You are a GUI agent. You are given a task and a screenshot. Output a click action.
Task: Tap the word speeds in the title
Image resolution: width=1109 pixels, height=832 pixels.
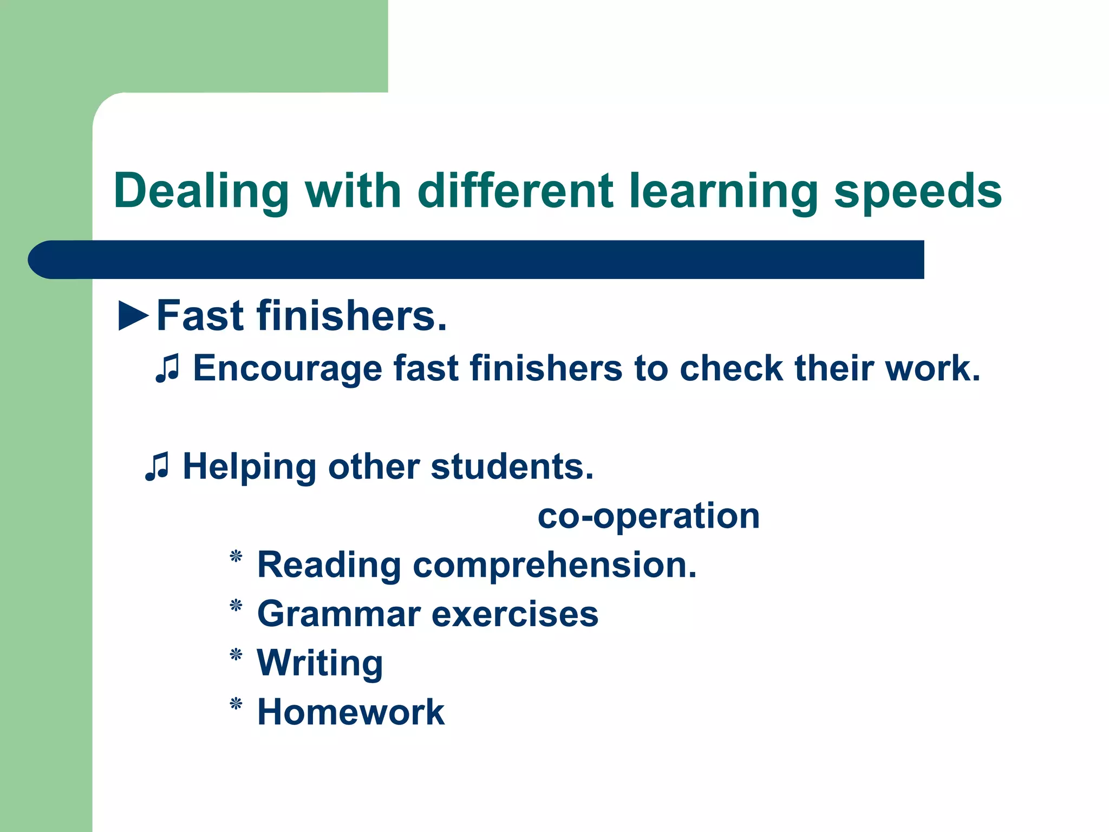[x=918, y=191]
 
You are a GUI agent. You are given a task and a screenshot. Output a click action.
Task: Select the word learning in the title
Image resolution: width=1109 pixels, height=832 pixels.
[x=723, y=191]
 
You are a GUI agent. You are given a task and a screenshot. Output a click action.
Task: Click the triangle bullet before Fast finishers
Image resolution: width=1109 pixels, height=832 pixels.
[x=133, y=316]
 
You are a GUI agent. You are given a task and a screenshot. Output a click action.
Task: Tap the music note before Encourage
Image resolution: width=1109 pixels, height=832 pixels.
[x=167, y=369]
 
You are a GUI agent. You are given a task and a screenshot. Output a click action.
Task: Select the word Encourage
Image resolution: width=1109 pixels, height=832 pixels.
[x=287, y=368]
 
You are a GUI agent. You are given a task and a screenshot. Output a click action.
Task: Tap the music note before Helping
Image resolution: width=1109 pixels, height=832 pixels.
[x=157, y=467]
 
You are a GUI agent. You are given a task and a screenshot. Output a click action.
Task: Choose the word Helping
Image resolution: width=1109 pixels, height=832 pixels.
[x=249, y=467]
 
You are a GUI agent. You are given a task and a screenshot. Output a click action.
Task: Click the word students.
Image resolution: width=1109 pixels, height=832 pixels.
[x=512, y=467]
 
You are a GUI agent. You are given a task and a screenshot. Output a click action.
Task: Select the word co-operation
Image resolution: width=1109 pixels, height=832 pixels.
[x=649, y=516]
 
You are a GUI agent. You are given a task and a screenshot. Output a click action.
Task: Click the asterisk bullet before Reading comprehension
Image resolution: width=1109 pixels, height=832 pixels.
[x=236, y=557]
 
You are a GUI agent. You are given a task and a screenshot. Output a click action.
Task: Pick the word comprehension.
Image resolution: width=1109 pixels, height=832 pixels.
[x=554, y=565]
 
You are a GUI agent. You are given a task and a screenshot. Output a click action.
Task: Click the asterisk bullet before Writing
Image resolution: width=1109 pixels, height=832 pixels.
[x=236, y=655]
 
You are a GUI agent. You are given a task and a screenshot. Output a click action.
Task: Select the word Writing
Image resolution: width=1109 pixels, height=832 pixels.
[x=320, y=663]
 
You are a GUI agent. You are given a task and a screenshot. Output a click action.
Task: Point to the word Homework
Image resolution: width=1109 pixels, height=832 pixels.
[x=351, y=712]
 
